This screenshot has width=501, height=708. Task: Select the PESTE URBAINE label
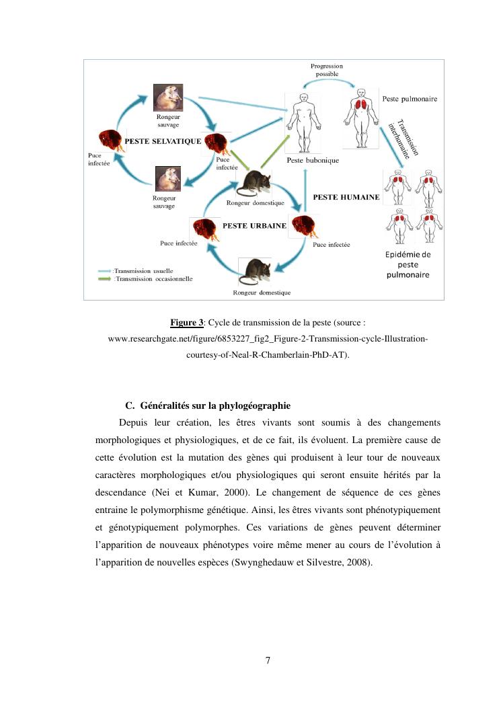pos(254,226)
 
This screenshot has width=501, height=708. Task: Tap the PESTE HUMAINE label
pos(346,198)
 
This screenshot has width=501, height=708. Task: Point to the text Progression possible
pos(326,70)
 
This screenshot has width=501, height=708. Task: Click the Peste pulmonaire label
pos(410,99)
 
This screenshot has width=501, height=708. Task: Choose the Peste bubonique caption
pos(313,161)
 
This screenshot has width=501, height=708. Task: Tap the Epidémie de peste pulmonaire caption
pos(408,264)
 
